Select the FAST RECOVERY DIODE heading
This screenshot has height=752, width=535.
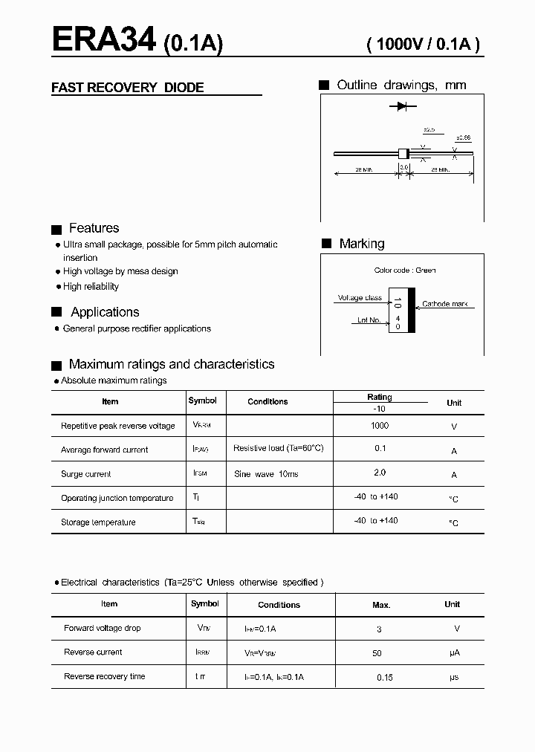[x=127, y=88]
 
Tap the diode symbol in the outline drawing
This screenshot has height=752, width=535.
[x=401, y=107]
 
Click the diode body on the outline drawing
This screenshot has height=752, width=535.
[x=404, y=154]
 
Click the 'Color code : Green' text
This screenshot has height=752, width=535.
[x=405, y=270]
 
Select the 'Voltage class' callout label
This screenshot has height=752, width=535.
[x=360, y=298]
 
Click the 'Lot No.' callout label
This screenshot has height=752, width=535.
[x=369, y=320]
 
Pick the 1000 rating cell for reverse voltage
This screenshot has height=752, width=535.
[x=379, y=426]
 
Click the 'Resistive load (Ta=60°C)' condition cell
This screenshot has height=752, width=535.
[x=279, y=449]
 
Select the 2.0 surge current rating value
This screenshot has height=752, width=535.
[x=379, y=473]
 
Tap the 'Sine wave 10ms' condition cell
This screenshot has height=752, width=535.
[x=266, y=474]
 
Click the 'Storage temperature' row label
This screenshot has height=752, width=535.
[x=98, y=522]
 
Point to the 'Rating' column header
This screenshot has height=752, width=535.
[x=379, y=397]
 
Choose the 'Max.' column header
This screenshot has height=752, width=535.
[x=381, y=605]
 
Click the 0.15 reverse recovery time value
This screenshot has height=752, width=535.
[x=384, y=678]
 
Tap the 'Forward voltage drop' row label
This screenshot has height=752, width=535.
[x=103, y=629]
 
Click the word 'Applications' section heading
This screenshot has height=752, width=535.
[x=105, y=312]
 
